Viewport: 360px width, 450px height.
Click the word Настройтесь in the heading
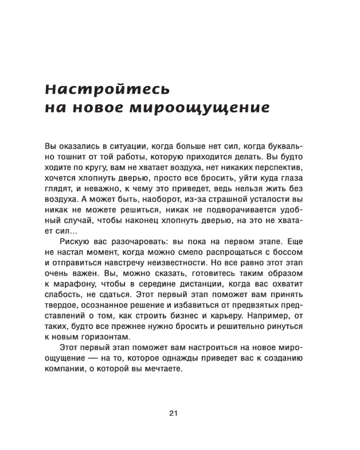pos(108,89)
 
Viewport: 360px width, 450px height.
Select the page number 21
pos(174,414)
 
